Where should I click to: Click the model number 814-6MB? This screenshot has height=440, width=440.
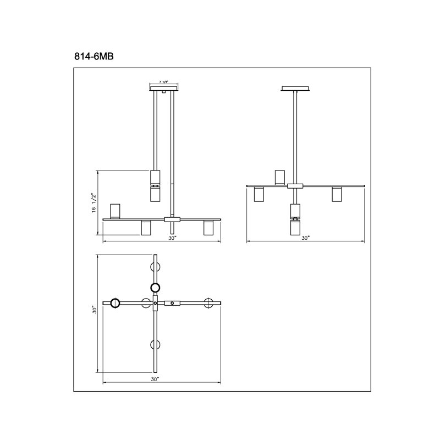[94, 57]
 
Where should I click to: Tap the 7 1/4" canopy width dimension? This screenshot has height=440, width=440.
[163, 82]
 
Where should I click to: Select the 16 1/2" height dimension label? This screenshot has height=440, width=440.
[94, 202]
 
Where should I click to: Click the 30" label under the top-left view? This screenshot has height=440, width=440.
[172, 238]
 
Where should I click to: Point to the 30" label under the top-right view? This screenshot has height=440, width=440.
[305, 238]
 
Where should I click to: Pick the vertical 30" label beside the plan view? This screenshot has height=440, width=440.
[95, 310]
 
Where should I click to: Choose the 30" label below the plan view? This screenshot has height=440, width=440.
[155, 380]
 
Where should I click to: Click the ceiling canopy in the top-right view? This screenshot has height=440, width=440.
[295, 89]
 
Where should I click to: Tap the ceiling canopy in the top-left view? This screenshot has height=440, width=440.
[164, 89]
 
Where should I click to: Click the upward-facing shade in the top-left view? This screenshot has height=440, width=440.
[115, 211]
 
